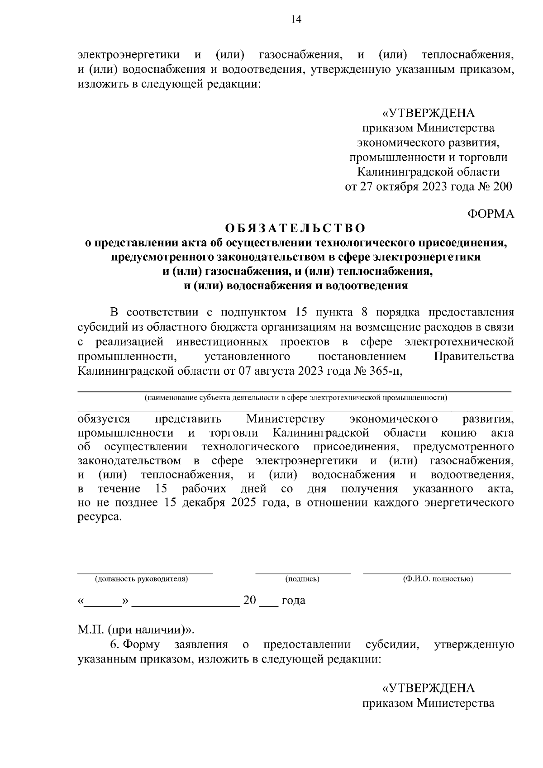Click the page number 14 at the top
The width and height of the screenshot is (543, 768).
296,19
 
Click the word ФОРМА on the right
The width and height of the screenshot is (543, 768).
490,214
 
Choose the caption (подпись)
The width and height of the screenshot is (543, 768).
302,579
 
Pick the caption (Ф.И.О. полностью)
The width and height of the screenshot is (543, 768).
438,579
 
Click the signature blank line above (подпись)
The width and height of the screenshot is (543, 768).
302,573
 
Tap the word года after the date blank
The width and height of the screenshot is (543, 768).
293,601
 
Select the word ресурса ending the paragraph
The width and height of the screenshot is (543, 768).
100,517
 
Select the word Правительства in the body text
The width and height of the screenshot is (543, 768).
474,357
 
